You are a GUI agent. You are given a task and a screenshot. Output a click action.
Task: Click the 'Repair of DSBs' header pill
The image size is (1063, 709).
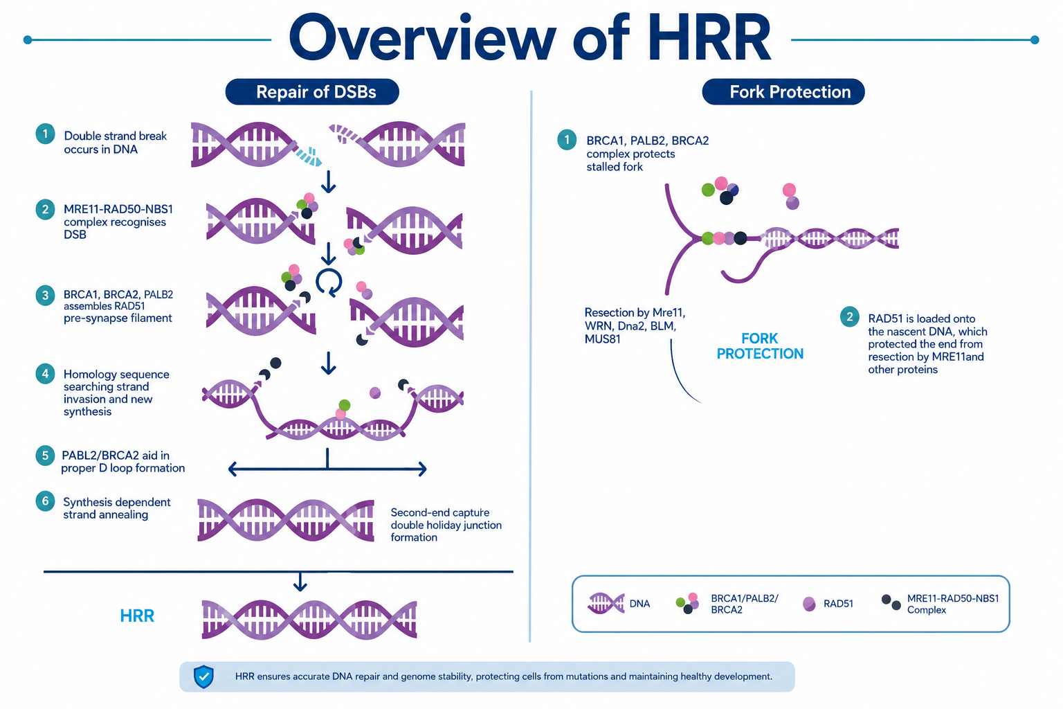coord(312,91)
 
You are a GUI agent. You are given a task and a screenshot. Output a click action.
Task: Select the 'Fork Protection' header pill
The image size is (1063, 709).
coord(783,91)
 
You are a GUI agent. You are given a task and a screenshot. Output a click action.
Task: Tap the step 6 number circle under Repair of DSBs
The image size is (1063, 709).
coord(45,501)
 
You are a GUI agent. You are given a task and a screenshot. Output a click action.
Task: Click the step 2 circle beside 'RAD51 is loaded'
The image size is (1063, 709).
coord(849,316)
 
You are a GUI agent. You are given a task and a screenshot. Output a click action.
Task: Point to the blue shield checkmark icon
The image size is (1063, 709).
coord(203,676)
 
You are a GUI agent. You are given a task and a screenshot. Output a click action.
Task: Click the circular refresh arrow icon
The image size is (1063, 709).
coord(329,282)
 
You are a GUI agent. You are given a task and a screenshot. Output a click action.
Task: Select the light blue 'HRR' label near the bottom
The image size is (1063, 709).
coord(137,616)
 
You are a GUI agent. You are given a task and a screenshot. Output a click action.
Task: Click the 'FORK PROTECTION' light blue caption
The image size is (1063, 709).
coord(760,345)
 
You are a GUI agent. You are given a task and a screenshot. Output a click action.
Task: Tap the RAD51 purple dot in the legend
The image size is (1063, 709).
coord(809,604)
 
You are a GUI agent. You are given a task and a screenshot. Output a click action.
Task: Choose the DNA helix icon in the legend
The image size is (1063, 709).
coord(606,604)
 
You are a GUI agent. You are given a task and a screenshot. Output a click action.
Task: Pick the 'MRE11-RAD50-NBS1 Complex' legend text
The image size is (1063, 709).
coord(953,604)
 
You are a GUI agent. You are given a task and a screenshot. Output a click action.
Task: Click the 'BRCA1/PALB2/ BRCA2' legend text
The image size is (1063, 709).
coord(745,604)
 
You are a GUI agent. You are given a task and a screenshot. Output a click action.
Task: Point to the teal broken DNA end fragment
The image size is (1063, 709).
coord(309,156)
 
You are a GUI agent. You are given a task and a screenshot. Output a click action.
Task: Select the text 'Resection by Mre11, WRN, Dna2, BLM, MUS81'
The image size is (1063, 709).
coord(635,326)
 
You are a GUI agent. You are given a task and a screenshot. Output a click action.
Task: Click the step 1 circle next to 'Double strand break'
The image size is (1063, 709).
coord(45,134)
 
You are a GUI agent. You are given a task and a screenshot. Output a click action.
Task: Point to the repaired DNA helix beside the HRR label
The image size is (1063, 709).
coord(309,619)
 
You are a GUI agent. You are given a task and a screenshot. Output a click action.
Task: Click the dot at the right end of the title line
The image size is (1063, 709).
coord(1035,40)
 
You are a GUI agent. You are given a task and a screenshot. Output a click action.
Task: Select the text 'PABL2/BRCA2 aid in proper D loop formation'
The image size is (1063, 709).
coord(123,462)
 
